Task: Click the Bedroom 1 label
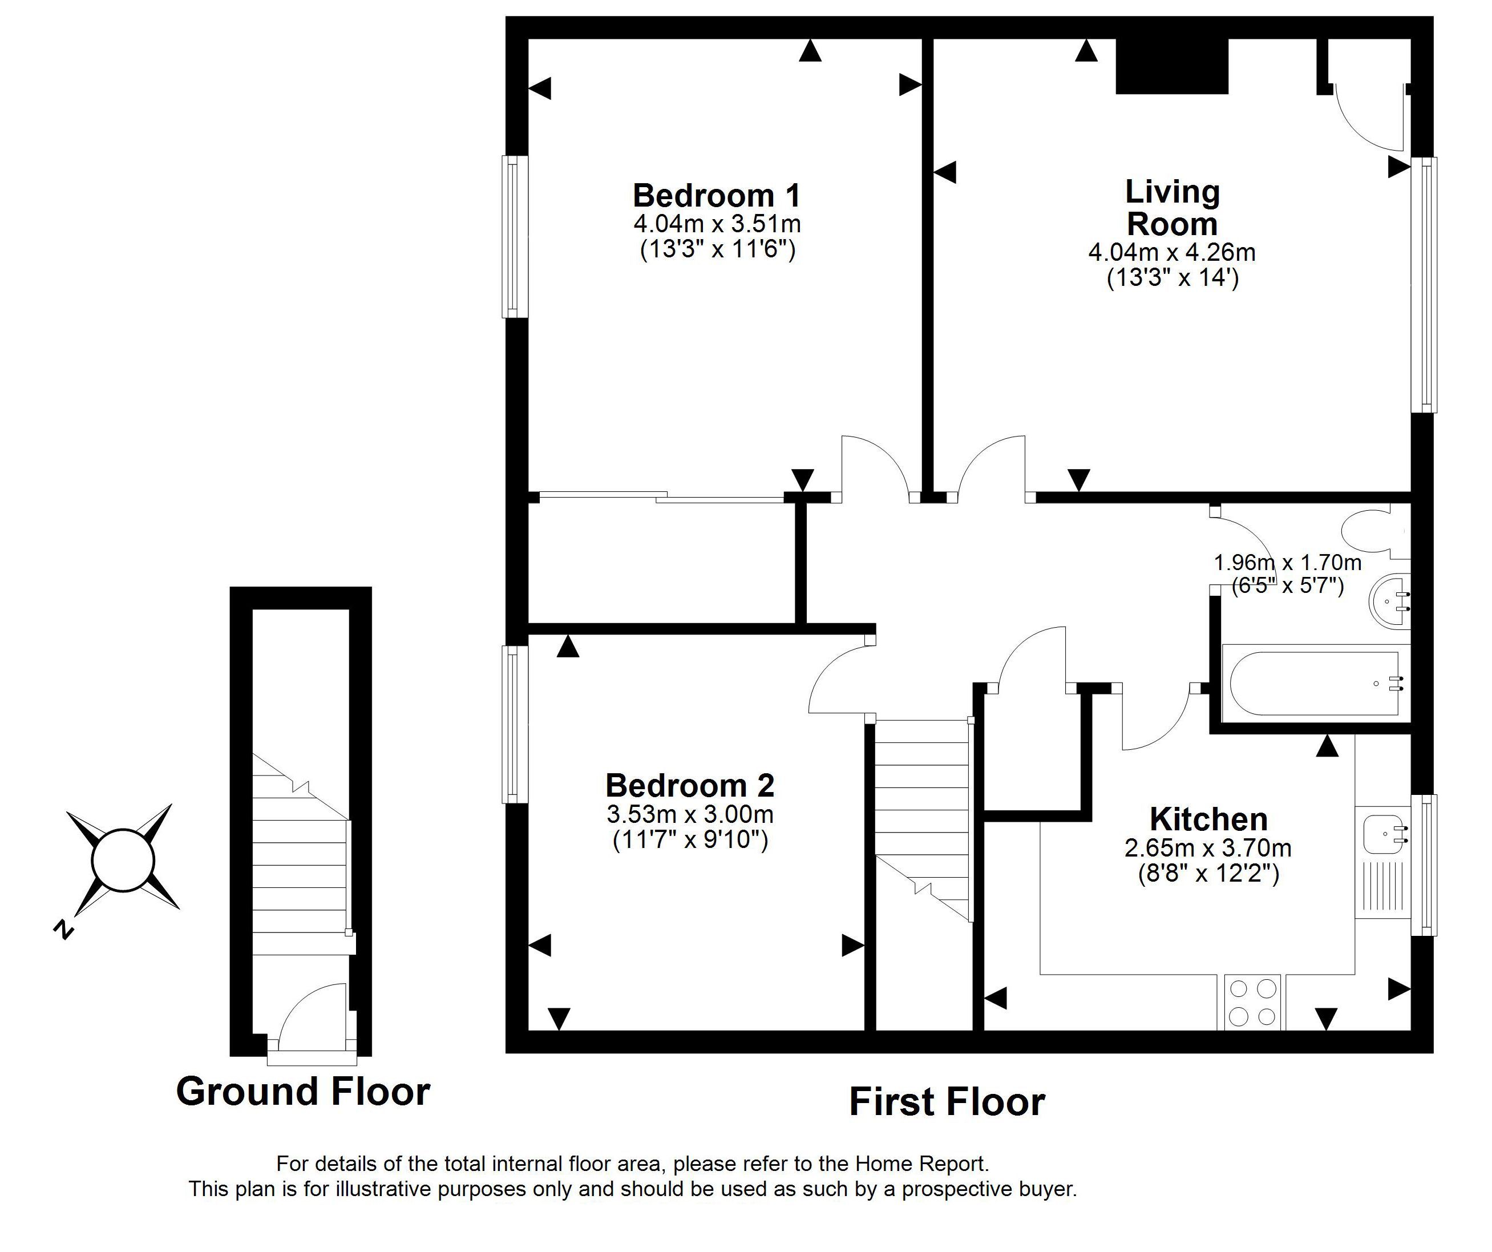pos(717,195)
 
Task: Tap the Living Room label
pos(1172,208)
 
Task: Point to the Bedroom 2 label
pos(690,785)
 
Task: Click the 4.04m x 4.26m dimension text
pos(1172,252)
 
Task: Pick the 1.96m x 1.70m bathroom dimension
pos(1287,563)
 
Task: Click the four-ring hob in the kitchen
pos(1252,1003)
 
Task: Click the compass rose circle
pos(123,860)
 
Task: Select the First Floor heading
pos(947,1102)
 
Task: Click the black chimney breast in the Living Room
pos(1172,66)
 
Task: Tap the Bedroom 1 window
pos(515,237)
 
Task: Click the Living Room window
pos(1424,285)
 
